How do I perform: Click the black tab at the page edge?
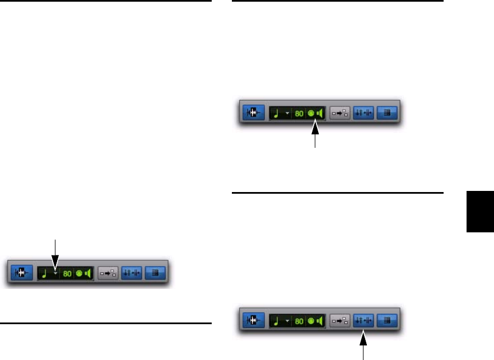480,211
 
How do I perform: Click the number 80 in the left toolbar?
68,274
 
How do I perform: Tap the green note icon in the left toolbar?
45,274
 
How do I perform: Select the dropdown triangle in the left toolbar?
55,274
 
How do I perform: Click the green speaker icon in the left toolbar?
87,274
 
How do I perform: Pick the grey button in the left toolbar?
108,274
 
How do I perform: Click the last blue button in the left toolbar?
155,274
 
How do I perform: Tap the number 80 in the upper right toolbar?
300,114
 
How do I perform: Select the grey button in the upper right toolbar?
339,114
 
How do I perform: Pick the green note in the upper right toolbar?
277,114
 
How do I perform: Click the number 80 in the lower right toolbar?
300,321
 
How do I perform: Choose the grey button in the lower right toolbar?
339,321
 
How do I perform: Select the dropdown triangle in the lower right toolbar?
287,321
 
